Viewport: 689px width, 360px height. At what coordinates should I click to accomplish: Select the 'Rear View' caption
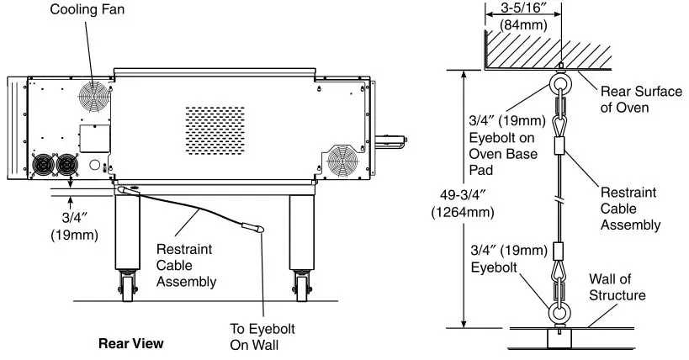(x=130, y=343)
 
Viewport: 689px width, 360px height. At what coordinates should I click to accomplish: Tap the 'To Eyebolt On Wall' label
(x=262, y=336)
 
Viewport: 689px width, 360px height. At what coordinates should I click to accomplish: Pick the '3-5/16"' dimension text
(x=516, y=9)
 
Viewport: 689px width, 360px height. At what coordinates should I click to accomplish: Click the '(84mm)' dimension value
(x=516, y=25)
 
